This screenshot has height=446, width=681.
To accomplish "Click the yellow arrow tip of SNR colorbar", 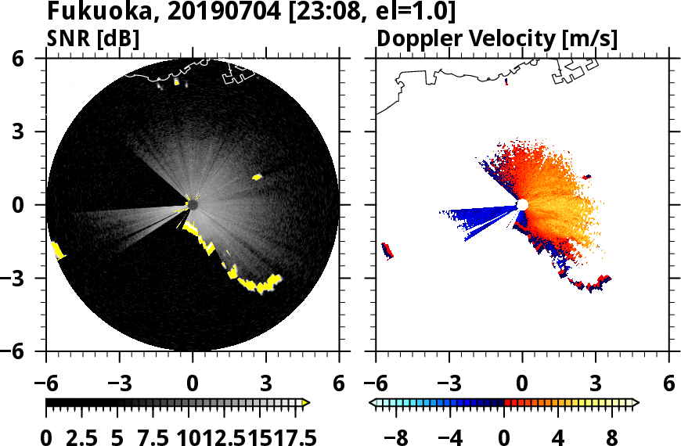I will pos(306,403).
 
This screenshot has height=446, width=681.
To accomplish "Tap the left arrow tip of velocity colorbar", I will pos(373,403).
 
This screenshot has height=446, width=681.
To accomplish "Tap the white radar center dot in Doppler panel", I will pos(522,205).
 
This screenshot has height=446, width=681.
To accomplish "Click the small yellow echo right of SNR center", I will pos(257,177).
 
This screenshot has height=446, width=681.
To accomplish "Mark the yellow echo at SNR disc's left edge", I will pos(57,250).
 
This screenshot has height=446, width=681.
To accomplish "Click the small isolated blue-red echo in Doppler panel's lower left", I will pos(387,250).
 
